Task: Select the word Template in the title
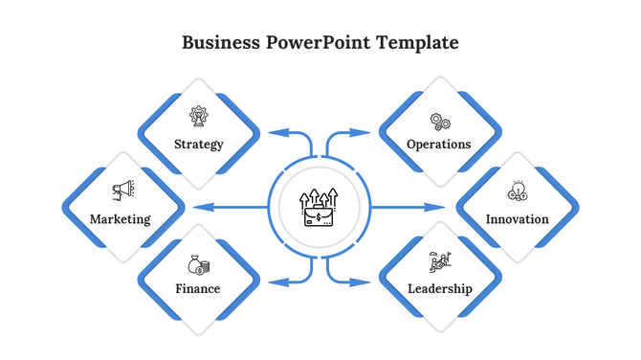coord(417,42)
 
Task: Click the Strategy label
coord(199,145)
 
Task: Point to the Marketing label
coord(121,219)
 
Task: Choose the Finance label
coord(198,288)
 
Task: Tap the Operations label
coord(439,145)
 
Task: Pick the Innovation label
coord(518,219)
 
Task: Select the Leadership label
coord(439,288)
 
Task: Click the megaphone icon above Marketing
coord(122,191)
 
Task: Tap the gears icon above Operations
coord(440,122)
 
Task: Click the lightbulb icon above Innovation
coord(518,191)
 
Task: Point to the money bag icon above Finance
coord(199,264)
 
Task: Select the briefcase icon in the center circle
coord(320,209)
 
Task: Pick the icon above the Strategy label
coord(199,118)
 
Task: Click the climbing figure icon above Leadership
coord(439,261)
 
